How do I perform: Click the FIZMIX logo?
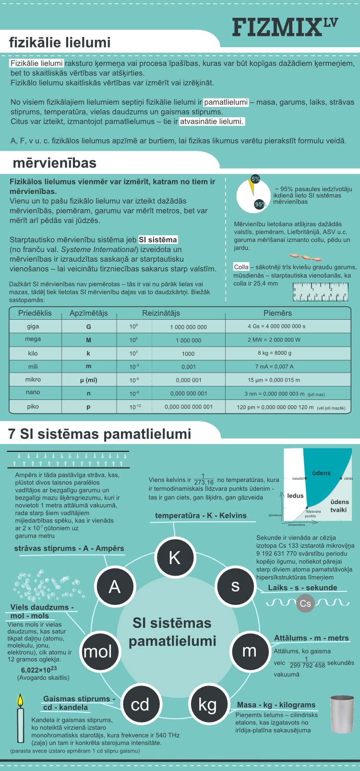(285, 27)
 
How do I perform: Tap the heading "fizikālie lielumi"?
(60, 43)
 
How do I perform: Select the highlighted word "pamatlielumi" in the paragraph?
(226, 102)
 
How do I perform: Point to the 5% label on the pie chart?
(255, 179)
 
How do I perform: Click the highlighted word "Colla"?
(241, 267)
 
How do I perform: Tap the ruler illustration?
(320, 292)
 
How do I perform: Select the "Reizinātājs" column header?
(161, 313)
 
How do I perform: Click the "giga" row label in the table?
(33, 326)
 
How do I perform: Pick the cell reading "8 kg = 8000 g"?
(275, 353)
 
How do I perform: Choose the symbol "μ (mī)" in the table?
(88, 380)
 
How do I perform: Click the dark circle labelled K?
(174, 557)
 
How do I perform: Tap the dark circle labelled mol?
(98, 651)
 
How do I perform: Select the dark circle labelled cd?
(140, 704)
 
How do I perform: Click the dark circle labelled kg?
(207, 704)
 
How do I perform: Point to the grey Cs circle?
(305, 603)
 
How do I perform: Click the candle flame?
(20, 700)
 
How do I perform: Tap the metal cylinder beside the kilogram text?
(342, 714)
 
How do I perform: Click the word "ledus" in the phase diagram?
(295, 495)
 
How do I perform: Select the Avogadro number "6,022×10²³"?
(38, 670)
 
